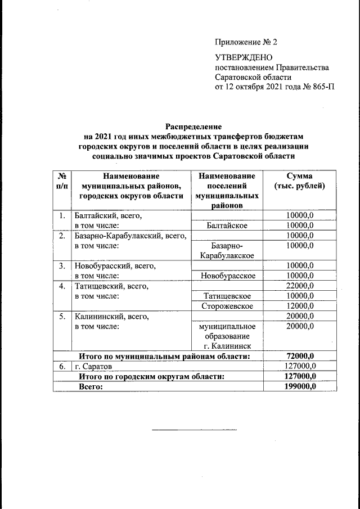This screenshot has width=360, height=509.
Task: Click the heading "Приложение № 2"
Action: pos(246,43)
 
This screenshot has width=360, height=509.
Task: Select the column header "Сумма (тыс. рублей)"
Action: pos(299,181)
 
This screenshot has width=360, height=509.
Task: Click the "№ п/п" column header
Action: pos(63,181)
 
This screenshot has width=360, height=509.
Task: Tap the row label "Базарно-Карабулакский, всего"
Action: pos(130,235)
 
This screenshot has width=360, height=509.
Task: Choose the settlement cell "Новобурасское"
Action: pos(228,276)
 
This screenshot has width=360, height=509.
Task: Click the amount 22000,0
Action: pos(299,286)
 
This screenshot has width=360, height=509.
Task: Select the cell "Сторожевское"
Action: pos(228,306)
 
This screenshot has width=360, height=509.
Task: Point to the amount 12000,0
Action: pos(299,306)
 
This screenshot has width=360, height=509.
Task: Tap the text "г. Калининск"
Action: pos(228,345)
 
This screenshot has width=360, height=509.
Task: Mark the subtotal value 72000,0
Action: pos(299,356)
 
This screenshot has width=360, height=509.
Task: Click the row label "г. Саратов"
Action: pos(93,366)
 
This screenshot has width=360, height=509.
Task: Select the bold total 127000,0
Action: pos(298,376)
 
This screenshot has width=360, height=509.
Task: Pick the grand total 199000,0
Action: pos(298,386)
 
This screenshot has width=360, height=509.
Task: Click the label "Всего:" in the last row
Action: pos(92,386)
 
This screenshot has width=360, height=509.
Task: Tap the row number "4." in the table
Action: pos(63,286)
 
